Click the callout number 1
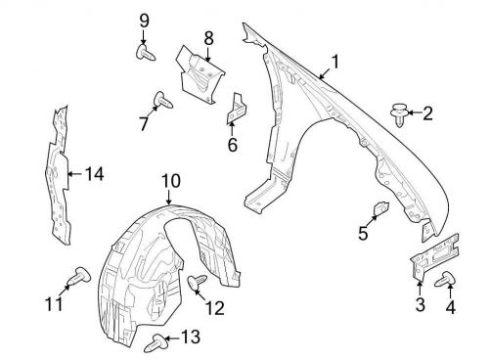coord(335,62)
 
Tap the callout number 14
coord(94,175)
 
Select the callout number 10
coord(171,181)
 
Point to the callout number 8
coord(208,38)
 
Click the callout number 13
coord(189,338)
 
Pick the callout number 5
coord(363,234)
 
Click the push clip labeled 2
coord(399,114)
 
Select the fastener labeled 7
coord(162,99)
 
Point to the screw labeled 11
coord(74,280)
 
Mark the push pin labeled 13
coord(156,342)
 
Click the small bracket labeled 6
coord(236,111)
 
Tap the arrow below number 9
coord(144,35)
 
